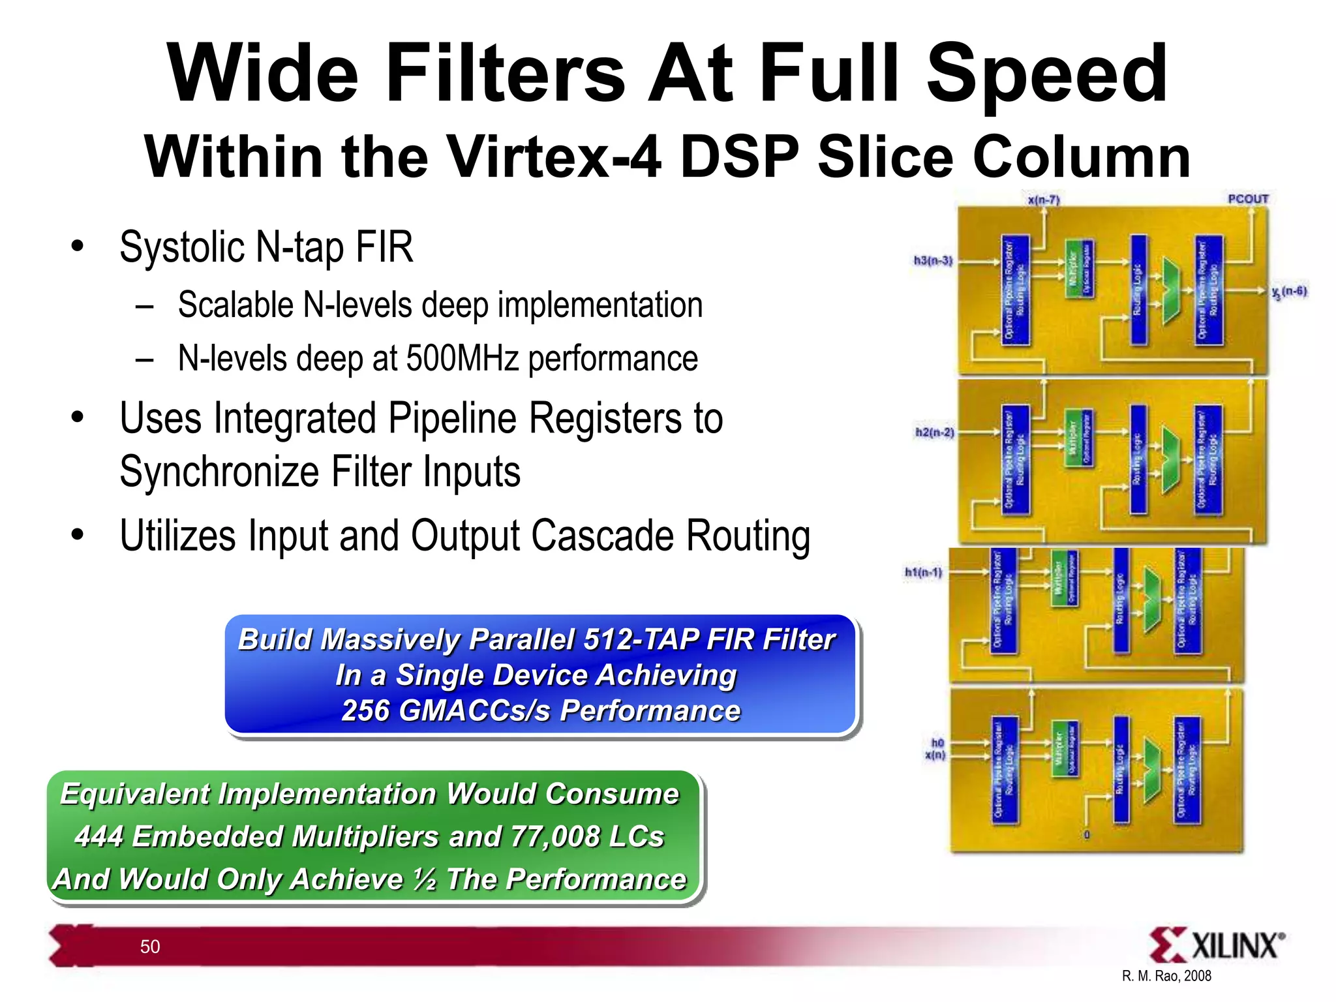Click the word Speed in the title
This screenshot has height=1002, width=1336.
[1046, 73]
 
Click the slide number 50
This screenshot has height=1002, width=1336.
[150, 947]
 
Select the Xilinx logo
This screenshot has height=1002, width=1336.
[1216, 945]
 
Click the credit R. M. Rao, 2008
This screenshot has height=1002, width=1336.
[1166, 976]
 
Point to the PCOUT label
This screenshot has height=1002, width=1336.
[1248, 199]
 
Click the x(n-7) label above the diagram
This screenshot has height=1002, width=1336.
[1043, 200]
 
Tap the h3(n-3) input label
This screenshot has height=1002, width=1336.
[933, 261]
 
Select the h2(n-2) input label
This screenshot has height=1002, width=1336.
[934, 433]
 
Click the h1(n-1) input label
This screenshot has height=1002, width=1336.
[923, 572]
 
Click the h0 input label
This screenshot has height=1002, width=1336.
[937, 743]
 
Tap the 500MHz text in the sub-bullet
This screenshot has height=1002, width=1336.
[462, 358]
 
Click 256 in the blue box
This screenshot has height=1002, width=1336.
[365, 711]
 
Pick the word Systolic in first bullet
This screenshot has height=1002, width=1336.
[182, 247]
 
